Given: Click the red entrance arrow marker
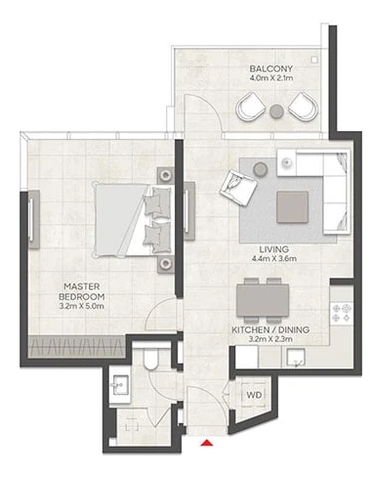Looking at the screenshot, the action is [x=206, y=442].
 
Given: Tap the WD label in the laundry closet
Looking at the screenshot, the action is [x=254, y=395].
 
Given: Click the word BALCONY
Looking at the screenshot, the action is [x=271, y=68].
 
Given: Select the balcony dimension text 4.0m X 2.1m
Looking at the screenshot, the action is [x=271, y=78].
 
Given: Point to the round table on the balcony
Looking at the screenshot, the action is [x=276, y=111].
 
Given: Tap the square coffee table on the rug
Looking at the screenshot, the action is [x=292, y=207].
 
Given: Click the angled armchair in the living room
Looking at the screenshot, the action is [x=238, y=188].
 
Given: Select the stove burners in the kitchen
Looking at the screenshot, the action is [x=342, y=313].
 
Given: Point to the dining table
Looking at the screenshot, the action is [x=263, y=300].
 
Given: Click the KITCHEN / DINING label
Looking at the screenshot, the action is [x=270, y=329].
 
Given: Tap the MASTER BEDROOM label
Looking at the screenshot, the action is [x=82, y=291].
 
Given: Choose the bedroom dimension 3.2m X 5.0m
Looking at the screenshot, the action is [x=82, y=306].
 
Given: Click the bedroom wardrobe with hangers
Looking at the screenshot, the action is [x=77, y=346].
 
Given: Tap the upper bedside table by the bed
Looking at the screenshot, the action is [x=166, y=176].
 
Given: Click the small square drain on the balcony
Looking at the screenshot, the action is [x=314, y=60].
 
